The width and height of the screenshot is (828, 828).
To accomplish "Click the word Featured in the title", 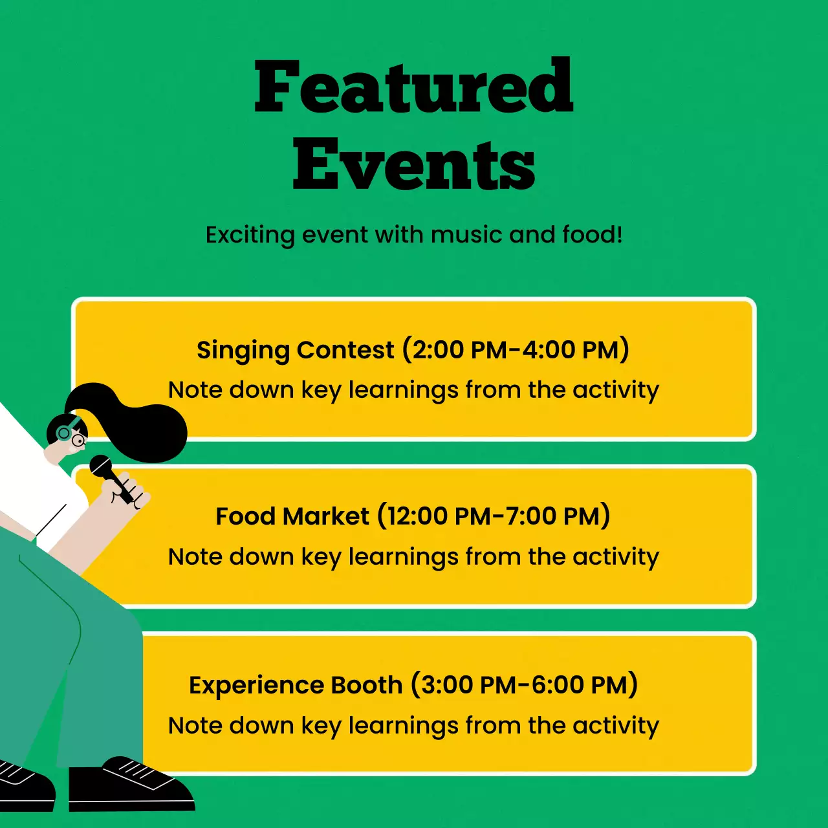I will pyautogui.click(x=414, y=86).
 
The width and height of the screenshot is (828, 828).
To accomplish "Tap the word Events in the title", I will pyautogui.click(x=414, y=164).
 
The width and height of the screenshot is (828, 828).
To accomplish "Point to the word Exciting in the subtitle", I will pyautogui.click(x=250, y=235).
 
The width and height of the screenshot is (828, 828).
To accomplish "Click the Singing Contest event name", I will pyautogui.click(x=296, y=350).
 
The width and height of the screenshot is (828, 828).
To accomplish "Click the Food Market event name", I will pyautogui.click(x=292, y=516).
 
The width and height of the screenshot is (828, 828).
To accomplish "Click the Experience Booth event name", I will pyautogui.click(x=296, y=685).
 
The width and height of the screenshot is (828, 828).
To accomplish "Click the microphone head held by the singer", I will pyautogui.click(x=101, y=466).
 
